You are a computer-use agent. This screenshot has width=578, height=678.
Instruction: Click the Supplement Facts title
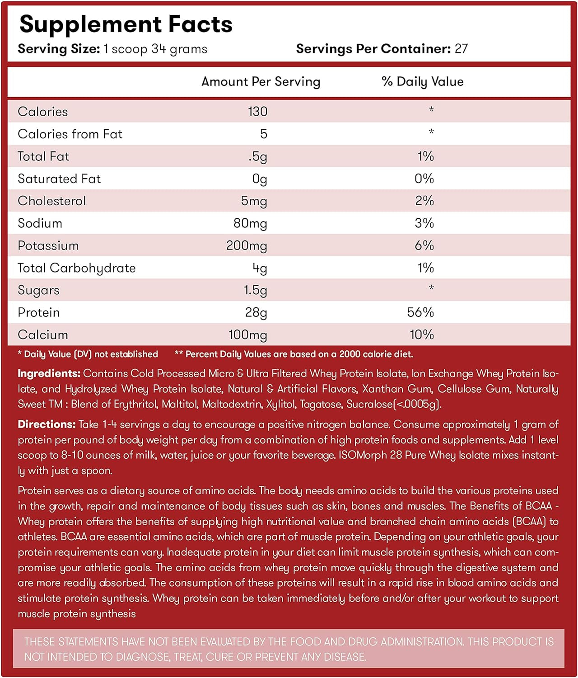126,24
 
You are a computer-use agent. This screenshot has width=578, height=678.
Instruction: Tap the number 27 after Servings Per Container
461,49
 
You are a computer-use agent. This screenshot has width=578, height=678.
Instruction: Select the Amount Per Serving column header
261,81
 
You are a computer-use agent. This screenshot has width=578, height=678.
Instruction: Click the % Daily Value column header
422,81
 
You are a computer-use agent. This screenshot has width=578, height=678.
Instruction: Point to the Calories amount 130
257,112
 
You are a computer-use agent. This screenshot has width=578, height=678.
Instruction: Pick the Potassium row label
48,245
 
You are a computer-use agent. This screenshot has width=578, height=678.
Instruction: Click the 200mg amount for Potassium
247,245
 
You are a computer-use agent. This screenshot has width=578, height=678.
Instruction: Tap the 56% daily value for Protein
420,312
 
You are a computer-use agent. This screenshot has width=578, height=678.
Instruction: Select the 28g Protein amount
256,313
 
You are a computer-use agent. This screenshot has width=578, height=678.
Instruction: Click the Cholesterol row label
51,201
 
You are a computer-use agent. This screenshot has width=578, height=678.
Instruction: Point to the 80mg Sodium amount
250,223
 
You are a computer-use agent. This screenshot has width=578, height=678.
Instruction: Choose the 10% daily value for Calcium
421,335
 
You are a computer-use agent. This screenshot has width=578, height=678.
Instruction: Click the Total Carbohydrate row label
76,268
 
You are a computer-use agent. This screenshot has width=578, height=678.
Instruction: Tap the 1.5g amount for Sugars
255,290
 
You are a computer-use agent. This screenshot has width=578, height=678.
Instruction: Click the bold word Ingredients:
49,373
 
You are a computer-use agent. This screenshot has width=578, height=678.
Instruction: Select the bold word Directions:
46,424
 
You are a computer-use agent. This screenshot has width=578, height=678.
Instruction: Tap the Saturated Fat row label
59,179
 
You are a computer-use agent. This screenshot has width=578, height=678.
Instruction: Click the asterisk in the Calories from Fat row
431,132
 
